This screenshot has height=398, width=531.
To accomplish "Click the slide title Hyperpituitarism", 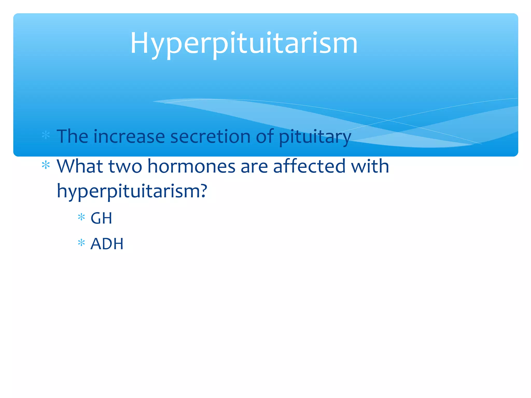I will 244,43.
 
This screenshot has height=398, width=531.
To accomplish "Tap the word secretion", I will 210,137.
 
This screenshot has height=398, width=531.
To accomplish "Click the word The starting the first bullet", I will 72,136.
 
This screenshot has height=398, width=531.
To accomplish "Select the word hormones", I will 191,167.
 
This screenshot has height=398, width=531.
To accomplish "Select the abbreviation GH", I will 101,218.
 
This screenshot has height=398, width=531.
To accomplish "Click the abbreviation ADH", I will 107,244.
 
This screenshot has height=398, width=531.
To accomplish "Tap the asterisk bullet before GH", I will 81,217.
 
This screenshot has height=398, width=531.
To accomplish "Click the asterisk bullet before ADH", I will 81,243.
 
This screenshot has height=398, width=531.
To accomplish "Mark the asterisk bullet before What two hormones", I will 46,165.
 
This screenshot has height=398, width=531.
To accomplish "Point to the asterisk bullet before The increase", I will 46,135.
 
